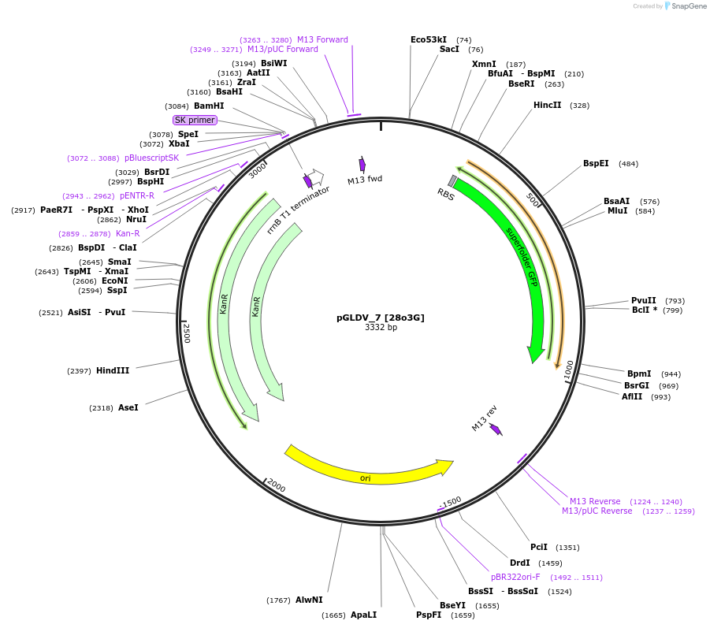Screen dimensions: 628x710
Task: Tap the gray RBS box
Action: tap(452, 180)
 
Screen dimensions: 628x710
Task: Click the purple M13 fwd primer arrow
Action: tap(362, 164)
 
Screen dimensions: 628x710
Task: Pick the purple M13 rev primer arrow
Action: tap(496, 429)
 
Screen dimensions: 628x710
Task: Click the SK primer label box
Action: tap(194, 120)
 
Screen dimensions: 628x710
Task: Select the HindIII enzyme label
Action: tap(113, 370)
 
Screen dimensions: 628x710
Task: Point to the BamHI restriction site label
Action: tap(209, 106)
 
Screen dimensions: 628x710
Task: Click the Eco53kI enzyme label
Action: tap(429, 39)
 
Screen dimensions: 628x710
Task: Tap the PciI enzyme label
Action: tap(539, 547)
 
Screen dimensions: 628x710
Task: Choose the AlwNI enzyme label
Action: tap(309, 600)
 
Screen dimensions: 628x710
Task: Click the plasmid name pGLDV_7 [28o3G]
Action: tap(381, 318)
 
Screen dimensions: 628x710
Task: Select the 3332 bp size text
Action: tap(381, 328)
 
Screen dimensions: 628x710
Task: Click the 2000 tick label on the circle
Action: tap(275, 485)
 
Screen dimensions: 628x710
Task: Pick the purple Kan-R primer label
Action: tap(128, 233)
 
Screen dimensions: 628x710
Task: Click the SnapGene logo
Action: tap(682, 6)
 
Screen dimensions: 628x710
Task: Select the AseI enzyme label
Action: tap(128, 407)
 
